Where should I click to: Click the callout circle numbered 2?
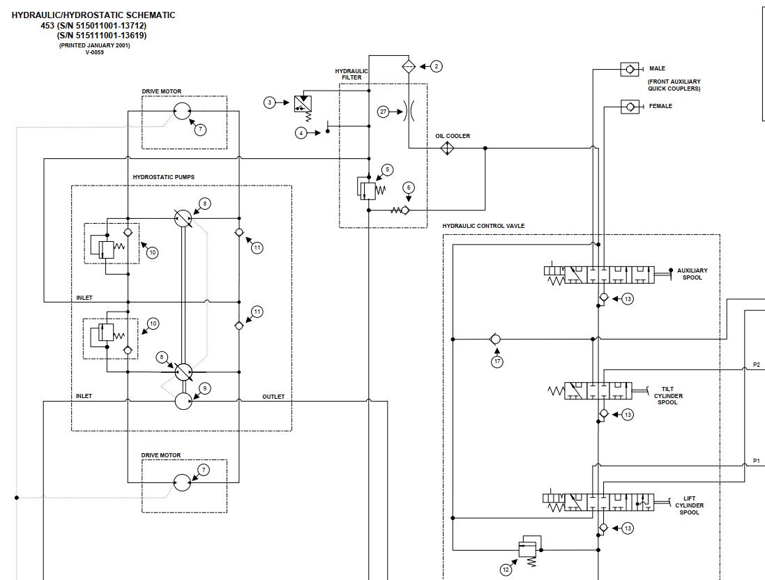pyautogui.click(x=437, y=66)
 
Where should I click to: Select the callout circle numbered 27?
pyautogui.click(x=383, y=112)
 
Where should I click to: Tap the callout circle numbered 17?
pyautogui.click(x=497, y=362)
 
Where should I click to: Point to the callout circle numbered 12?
pyautogui.click(x=506, y=570)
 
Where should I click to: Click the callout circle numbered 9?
pyautogui.click(x=204, y=388)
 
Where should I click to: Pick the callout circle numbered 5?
pyautogui.click(x=388, y=169)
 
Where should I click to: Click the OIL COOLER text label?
pyautogui.click(x=453, y=136)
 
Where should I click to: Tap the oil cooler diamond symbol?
pyautogui.click(x=447, y=148)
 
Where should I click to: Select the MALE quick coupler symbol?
pyautogui.click(x=630, y=69)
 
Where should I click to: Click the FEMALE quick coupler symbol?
pyautogui.click(x=630, y=107)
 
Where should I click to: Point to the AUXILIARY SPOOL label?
pyautogui.click(x=692, y=274)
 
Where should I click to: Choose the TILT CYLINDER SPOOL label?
pyautogui.click(x=668, y=396)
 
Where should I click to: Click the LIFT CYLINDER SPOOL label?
pyautogui.click(x=689, y=505)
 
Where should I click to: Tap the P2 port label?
pyautogui.click(x=757, y=365)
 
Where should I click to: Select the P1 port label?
pyautogui.click(x=757, y=461)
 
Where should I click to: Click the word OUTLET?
pyautogui.click(x=273, y=397)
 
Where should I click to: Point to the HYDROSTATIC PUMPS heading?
pyautogui.click(x=164, y=177)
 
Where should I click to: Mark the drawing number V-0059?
pyautogui.click(x=94, y=52)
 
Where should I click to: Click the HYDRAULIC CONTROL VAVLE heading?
pyautogui.click(x=483, y=226)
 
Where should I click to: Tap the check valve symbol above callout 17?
pyautogui.click(x=495, y=339)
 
